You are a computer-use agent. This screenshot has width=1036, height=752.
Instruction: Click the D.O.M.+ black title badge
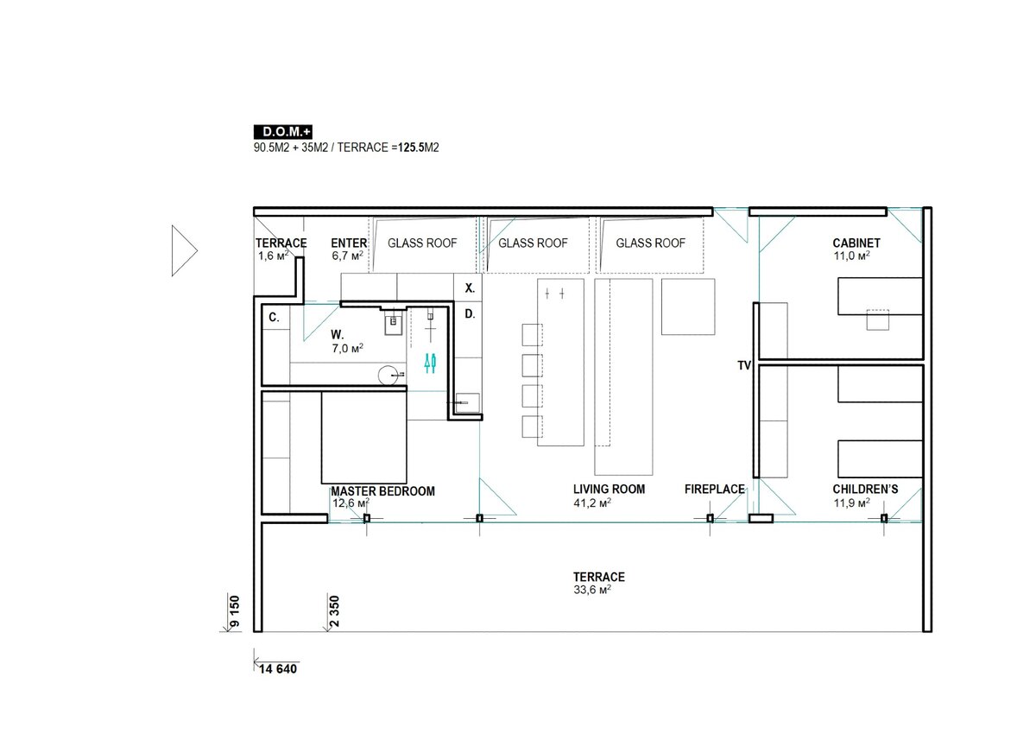[x=283, y=132]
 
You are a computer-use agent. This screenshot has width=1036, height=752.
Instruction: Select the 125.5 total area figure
[x=411, y=148]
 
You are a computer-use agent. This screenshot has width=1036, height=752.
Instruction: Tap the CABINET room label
[x=856, y=243]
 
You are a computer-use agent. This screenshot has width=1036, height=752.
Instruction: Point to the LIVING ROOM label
[x=610, y=489]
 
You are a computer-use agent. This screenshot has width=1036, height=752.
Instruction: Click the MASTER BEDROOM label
[x=383, y=491]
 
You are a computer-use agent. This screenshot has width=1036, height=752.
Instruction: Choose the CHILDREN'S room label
[x=865, y=489]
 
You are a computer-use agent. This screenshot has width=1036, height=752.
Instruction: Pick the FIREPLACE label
[x=715, y=489]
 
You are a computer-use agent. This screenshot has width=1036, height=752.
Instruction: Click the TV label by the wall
[x=744, y=365]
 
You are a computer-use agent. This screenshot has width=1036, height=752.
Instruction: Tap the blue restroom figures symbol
[x=430, y=363]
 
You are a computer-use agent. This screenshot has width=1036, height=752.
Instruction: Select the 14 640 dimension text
[x=278, y=669]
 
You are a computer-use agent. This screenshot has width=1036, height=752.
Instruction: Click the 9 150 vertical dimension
[x=235, y=611]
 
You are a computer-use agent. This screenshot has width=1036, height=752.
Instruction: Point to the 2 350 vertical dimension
[x=334, y=611]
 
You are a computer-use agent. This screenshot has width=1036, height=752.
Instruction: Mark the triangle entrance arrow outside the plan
[x=184, y=250]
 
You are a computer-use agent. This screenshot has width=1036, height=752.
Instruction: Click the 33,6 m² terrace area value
[x=592, y=590]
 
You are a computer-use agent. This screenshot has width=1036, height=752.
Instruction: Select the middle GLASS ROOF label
[x=533, y=243]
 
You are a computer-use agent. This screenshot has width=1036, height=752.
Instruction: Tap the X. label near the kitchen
[x=470, y=288]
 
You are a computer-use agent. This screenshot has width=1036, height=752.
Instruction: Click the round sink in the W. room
[x=388, y=375]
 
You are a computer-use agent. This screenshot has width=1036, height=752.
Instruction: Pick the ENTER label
[x=349, y=243]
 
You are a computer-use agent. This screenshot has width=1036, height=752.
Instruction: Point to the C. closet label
[x=274, y=317]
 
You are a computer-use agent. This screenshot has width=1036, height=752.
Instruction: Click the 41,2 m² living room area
[x=592, y=502]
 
